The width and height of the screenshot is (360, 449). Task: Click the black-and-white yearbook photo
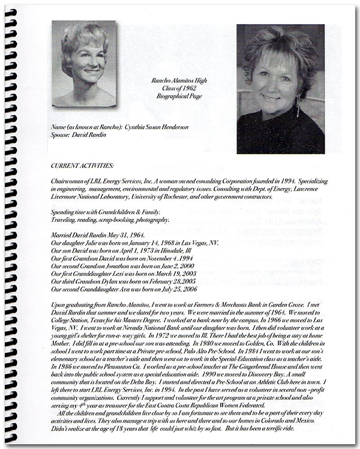coord(83,63)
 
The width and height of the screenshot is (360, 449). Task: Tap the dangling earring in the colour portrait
coord(298,106)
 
